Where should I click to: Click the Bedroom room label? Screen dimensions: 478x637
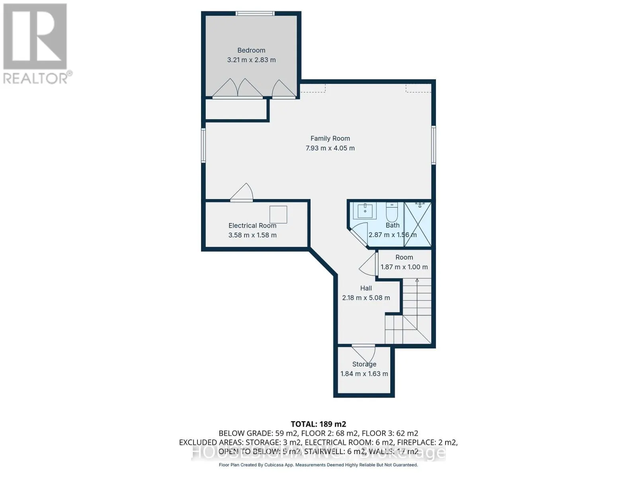coord(251,50)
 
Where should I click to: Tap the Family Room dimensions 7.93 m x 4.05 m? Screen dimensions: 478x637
coord(330,148)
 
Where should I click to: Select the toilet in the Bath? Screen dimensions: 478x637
coord(392,213)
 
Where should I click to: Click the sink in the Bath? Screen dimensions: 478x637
coord(365,210)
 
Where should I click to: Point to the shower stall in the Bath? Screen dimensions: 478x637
coord(418,223)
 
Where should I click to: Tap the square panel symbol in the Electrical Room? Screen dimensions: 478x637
coord(278,215)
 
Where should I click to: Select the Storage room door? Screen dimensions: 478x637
coord(363,353)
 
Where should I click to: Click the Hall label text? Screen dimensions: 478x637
coord(366,288)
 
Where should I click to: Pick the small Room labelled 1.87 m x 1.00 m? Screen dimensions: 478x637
coord(404,263)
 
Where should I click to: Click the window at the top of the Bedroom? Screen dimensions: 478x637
coord(255,14)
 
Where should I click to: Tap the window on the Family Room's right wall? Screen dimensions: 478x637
coord(434,145)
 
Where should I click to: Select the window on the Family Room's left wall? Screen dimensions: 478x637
coord(203,145)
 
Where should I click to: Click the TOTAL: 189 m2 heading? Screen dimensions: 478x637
coord(318,424)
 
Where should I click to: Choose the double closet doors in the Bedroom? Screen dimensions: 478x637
coord(237,88)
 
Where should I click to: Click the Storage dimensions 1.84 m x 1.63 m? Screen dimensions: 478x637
coord(364,374)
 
